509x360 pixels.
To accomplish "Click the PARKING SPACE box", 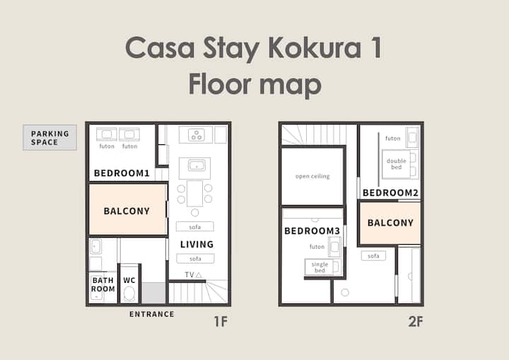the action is [49, 137].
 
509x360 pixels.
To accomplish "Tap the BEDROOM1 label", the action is [122, 173].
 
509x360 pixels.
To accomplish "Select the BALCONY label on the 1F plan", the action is [127, 211].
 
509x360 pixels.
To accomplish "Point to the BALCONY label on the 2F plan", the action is [390, 223].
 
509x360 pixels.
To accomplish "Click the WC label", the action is [129, 280].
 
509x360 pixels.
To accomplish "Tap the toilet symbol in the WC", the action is [129, 294].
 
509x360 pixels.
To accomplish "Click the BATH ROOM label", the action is [103, 284].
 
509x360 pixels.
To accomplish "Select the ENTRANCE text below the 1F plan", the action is [151, 314].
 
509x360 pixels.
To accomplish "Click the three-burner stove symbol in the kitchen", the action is [197, 134].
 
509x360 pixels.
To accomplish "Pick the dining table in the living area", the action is [195, 194].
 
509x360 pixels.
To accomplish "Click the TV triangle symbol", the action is [199, 275].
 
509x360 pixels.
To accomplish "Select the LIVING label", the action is [197, 244].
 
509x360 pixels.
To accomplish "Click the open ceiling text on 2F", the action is [312, 176].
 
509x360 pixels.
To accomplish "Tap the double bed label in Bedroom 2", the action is [397, 164].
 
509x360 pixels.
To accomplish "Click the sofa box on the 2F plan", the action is [373, 256].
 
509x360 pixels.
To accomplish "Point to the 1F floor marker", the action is [221, 321].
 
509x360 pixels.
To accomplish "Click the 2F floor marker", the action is [416, 321].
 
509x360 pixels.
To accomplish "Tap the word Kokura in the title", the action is [315, 47].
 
